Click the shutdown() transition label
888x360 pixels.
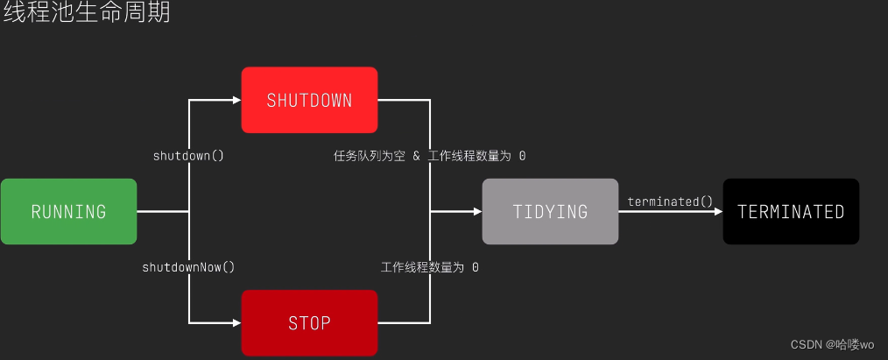click(x=188, y=156)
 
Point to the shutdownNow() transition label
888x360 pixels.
click(x=188, y=266)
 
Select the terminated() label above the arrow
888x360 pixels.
click(x=670, y=201)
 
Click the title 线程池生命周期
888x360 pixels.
click(x=86, y=14)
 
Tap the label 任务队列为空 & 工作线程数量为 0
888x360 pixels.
click(x=429, y=156)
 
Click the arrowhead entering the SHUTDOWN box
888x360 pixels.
click(x=236, y=100)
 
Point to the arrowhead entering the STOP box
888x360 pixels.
click(x=236, y=322)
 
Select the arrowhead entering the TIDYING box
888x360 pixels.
click(x=476, y=211)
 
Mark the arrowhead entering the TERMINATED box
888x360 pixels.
click(x=717, y=211)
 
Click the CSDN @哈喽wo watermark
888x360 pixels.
click(x=832, y=344)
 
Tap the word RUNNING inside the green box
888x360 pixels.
click(x=68, y=211)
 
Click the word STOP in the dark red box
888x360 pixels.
click(x=309, y=322)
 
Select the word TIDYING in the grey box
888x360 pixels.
click(x=550, y=211)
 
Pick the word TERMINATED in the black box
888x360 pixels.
click(x=791, y=211)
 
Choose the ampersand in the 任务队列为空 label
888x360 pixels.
click(x=417, y=156)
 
